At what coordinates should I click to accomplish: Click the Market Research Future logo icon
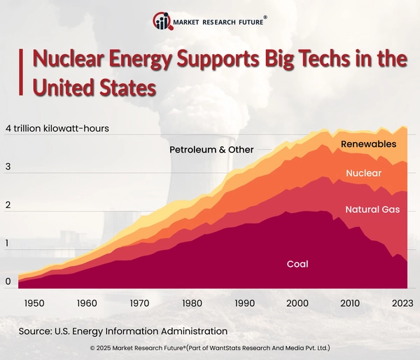tap(163, 22)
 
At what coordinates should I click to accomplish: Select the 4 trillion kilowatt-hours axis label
tap(57, 129)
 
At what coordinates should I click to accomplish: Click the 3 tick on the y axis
tap(8, 167)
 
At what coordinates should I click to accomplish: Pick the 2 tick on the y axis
tap(8, 206)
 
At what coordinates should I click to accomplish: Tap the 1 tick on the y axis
tap(8, 244)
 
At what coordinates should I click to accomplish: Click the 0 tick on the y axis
tap(8, 282)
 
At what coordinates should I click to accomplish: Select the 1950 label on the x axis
tap(34, 303)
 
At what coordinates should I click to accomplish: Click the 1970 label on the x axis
tap(139, 303)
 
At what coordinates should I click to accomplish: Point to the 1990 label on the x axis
tap(244, 303)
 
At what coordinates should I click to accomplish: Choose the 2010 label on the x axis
tap(349, 303)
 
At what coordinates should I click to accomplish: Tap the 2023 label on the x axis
tap(401, 303)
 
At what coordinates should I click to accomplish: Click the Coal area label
tap(297, 264)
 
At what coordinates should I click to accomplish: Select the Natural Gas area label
tap(372, 209)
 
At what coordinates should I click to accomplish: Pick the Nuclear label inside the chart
tap(363, 173)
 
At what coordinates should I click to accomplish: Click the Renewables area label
tap(368, 144)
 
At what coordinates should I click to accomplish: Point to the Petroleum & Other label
tap(211, 150)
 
